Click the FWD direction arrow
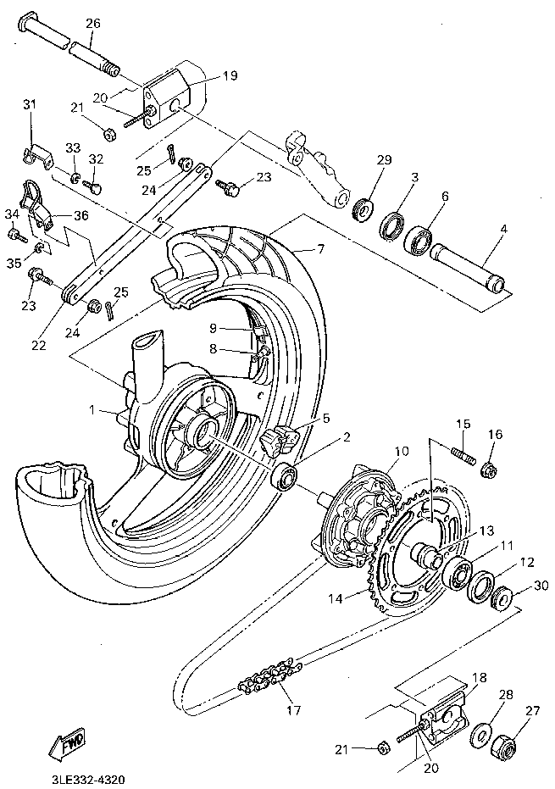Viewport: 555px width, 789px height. [65, 744]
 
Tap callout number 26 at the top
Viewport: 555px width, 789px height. [92, 23]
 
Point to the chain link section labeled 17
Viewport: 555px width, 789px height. [269, 675]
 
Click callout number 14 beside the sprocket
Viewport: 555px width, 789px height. [335, 598]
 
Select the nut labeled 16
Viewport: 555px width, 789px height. [489, 468]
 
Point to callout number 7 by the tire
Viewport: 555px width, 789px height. [321, 248]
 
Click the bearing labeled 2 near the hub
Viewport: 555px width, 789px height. [286, 479]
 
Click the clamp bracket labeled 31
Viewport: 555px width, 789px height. [36, 153]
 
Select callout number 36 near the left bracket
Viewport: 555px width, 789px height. [82, 215]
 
